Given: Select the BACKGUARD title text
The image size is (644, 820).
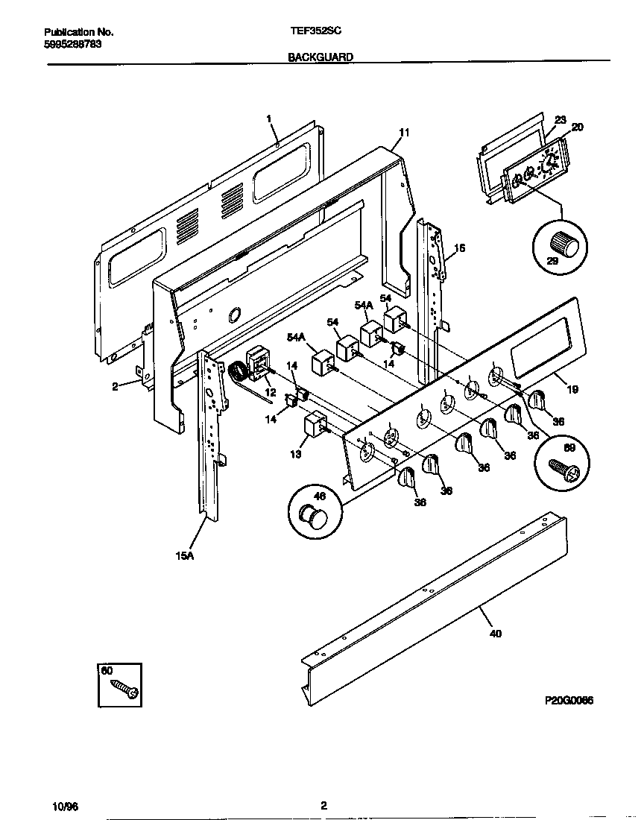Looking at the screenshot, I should [321, 57].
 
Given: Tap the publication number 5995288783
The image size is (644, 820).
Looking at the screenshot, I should [73, 44].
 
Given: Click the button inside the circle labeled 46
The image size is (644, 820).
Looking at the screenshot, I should [314, 514].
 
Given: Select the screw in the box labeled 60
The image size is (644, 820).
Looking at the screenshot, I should [124, 689].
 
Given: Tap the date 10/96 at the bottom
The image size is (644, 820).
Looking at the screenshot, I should [65, 807].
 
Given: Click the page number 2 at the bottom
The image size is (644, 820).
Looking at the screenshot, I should [323, 805].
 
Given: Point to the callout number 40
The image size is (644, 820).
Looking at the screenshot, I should [496, 634].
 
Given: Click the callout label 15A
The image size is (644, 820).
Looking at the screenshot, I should [184, 556].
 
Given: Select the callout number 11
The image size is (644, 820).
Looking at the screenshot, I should [403, 133].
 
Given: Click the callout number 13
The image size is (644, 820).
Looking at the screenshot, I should [296, 454].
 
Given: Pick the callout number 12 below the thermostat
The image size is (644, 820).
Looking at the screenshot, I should [270, 392].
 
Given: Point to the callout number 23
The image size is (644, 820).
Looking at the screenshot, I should [561, 119].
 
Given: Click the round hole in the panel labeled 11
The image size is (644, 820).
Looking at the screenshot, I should [236, 315].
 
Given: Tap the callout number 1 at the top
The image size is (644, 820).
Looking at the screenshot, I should [269, 118].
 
